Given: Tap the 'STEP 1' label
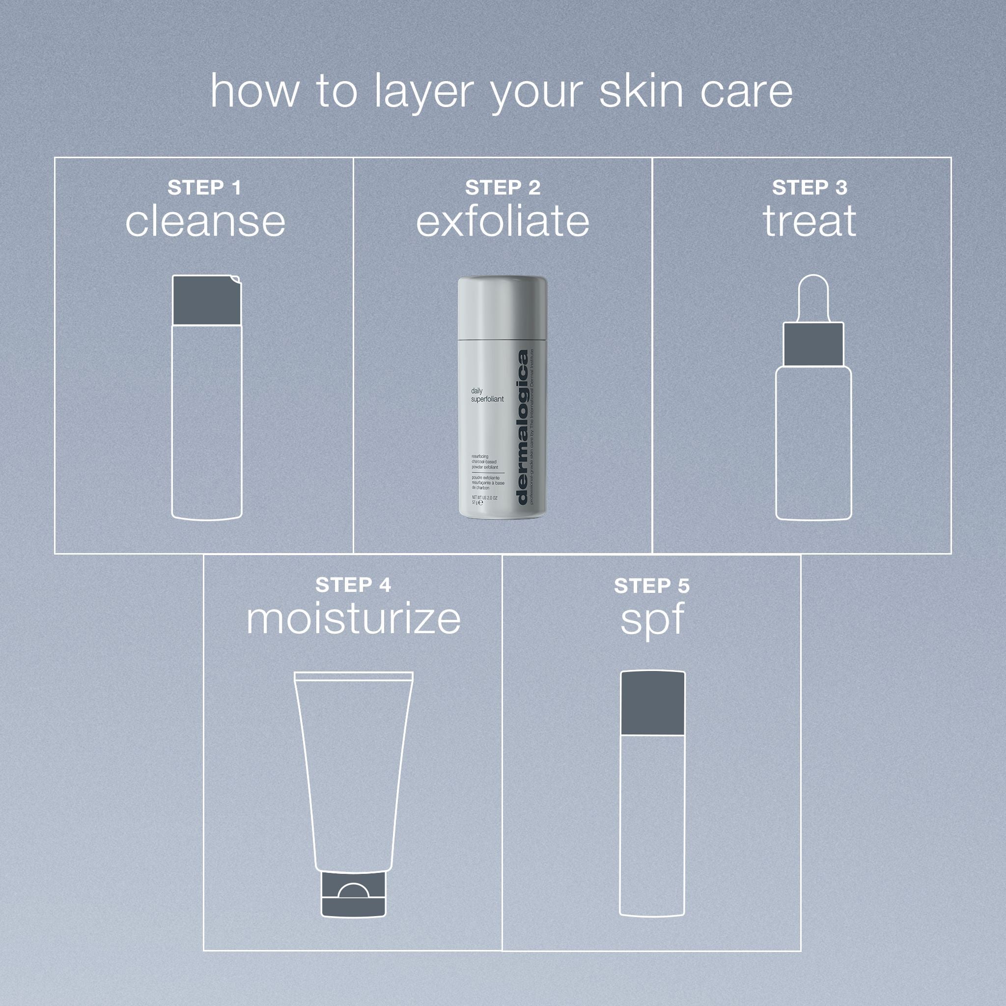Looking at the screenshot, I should click(204, 188).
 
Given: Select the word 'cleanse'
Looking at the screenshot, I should click(205, 222).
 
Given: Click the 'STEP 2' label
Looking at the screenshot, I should click(503, 188).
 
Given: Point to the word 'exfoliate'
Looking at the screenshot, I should click(503, 222).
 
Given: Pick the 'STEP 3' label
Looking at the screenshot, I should click(809, 188).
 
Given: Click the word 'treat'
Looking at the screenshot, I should click(809, 222).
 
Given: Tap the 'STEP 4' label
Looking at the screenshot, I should click(353, 585).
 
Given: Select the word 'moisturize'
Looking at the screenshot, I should click(353, 619).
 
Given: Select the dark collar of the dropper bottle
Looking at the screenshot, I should click(813, 344).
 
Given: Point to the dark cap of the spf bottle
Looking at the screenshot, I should click(652, 703).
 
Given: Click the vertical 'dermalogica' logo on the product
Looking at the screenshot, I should click(522, 427).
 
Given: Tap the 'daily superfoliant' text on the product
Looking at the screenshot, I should click(487, 395).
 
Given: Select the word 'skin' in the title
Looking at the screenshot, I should click(641, 92).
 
